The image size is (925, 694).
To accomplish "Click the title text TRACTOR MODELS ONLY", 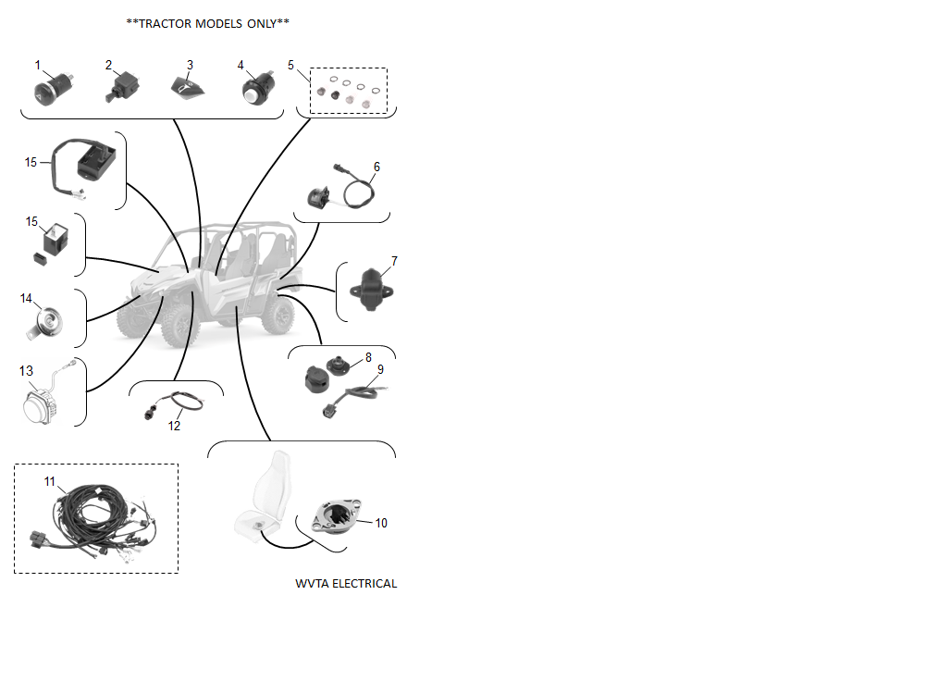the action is tap(207, 24).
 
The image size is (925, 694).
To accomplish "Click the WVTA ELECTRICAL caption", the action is tap(346, 584).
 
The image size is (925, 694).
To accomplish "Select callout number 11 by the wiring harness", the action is tap(50, 481).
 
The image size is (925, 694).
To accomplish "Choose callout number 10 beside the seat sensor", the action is tap(381, 523).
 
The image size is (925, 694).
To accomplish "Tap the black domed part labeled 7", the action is tap(371, 290).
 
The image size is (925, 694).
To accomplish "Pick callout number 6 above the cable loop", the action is tap(377, 167).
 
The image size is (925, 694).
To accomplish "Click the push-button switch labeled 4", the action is tap(258, 89).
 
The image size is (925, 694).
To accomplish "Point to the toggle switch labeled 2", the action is tap(122, 87).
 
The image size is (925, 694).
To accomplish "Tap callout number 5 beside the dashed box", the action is tap(290, 65).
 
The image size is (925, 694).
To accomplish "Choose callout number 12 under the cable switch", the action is tap(174, 426).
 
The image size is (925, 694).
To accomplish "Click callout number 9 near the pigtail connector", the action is tap(380, 369).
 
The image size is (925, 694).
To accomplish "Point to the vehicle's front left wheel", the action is tap(180, 324).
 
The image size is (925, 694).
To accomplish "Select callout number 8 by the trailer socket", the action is tap(369, 357).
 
